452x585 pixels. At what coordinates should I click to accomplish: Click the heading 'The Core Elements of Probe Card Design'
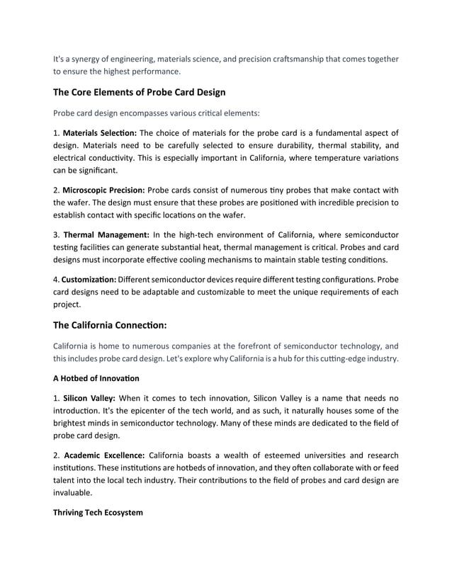[139, 92]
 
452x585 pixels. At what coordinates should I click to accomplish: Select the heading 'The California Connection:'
[110, 325]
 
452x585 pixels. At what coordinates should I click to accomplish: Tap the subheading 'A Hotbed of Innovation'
[96, 378]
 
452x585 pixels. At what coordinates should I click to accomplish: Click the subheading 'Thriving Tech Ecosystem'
[98, 512]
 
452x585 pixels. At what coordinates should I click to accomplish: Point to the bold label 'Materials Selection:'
[100, 132]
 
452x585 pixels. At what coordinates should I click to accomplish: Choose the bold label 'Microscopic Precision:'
[103, 190]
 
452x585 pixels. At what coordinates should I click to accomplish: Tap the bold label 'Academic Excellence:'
[103, 455]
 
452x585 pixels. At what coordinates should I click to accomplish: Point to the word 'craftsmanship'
[293, 59]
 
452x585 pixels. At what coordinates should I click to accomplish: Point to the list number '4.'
[57, 279]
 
